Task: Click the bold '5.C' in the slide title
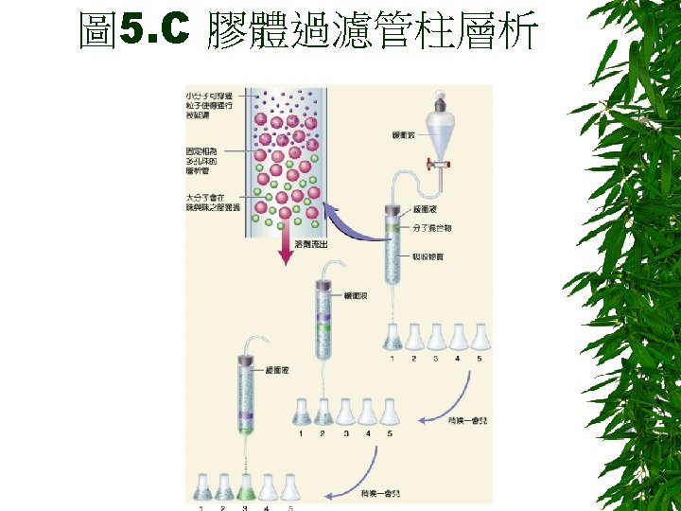pyautogui.click(x=156, y=31)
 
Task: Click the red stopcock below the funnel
pyautogui.click(x=440, y=163)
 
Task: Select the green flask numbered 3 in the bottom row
pyautogui.click(x=245, y=488)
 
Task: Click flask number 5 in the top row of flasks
pyautogui.click(x=479, y=336)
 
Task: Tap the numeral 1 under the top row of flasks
pyautogui.click(x=392, y=359)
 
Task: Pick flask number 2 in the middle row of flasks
pyautogui.click(x=323, y=412)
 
